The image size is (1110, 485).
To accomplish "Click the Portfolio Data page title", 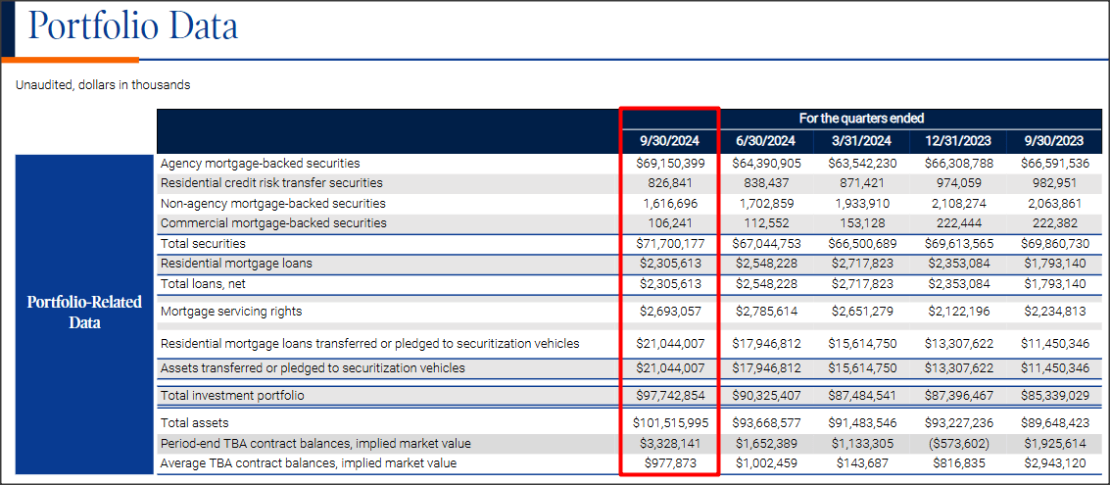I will [132, 26].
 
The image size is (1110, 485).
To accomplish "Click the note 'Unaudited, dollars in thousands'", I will [103, 85].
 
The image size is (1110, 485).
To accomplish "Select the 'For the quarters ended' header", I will [861, 119].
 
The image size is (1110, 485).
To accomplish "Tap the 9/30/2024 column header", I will [670, 141].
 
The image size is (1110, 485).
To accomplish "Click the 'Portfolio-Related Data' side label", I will [84, 312].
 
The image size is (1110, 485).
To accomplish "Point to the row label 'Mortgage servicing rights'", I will [231, 312].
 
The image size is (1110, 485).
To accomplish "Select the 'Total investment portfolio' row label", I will [232, 396].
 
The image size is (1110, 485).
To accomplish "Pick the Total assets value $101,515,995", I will [670, 423].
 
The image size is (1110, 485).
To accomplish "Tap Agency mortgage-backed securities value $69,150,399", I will [670, 164].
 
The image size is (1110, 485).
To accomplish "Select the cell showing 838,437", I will [768, 183].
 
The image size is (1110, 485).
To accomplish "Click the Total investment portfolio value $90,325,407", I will [768, 396].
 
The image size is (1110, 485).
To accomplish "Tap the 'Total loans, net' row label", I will [203, 284].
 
